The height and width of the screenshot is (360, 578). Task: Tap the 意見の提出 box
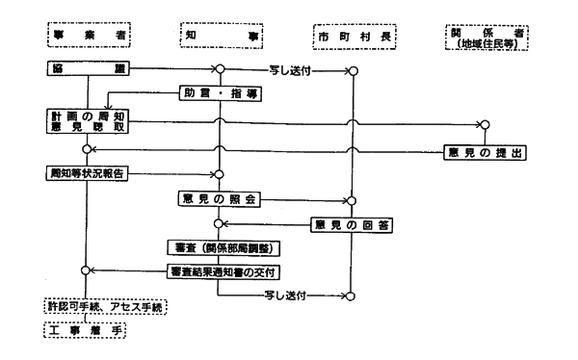486,151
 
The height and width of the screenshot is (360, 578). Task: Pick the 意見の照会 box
221,200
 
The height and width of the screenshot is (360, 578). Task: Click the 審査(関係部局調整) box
221,247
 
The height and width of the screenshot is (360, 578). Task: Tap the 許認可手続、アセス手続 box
106,306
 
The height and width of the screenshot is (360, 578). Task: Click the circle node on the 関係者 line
486,125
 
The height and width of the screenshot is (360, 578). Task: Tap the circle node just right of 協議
220,70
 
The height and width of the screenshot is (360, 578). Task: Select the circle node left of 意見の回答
220,224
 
